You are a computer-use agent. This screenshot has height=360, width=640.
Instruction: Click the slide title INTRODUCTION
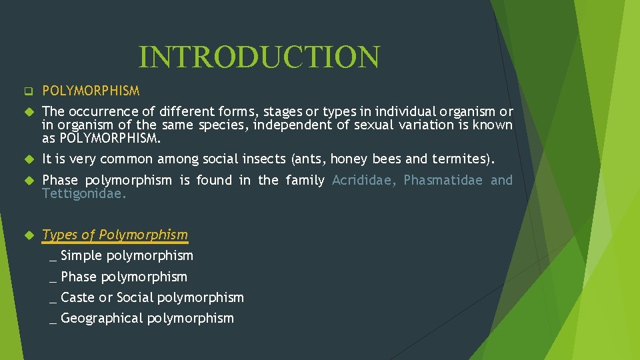[x=259, y=57]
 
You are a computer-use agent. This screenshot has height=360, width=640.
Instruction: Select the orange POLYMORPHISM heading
[x=91, y=91]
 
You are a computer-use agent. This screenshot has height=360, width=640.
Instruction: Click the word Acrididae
[x=364, y=180]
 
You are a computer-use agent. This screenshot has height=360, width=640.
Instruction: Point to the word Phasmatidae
[x=443, y=180]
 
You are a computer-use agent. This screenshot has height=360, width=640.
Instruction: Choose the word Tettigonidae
[x=84, y=194]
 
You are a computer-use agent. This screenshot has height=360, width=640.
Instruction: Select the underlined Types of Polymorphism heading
[x=115, y=235]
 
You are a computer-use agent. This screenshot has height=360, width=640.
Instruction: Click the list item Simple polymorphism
[x=127, y=255]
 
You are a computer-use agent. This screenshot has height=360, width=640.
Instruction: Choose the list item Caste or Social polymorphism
[x=152, y=297]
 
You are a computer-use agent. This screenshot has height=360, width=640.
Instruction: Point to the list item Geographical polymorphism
[x=147, y=318]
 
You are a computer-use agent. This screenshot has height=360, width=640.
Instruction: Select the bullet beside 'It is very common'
[x=28, y=159]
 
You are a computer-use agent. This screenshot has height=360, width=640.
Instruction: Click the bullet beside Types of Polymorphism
[x=28, y=235]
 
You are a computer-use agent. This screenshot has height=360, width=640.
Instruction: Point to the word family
[x=305, y=180]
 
